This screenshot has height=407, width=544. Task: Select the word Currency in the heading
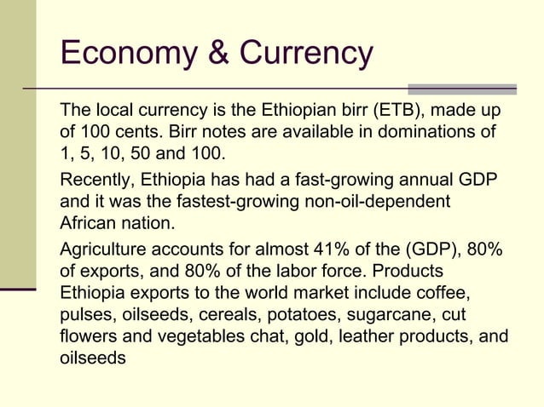coord(305,54)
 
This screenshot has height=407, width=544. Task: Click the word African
coord(88,225)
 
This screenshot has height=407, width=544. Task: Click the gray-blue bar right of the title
coord(462,89)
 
